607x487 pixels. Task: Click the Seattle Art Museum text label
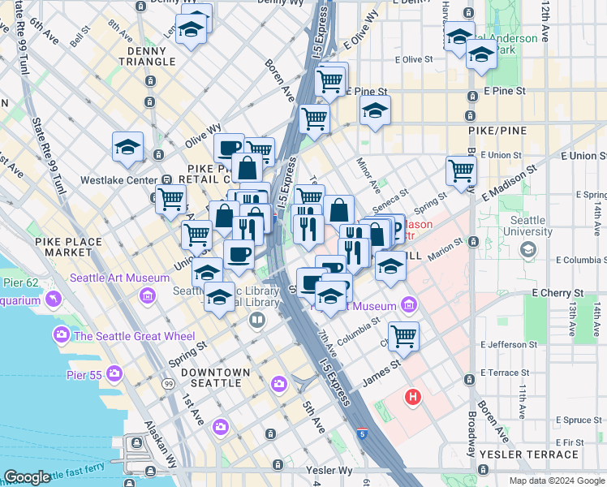tap(109, 278)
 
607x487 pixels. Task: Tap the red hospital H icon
tap(414, 397)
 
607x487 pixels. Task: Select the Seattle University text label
tap(527, 226)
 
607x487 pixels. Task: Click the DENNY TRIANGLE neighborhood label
tap(146, 55)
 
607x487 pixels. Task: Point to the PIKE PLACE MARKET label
tap(68, 247)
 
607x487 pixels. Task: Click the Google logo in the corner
tap(27, 476)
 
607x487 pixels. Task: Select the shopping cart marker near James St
tap(403, 335)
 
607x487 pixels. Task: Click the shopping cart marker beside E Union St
tap(461, 171)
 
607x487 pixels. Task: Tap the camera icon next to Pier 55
tap(114, 373)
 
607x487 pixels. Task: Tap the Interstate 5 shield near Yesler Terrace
tap(364, 435)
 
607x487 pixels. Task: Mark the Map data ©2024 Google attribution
tap(556, 481)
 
